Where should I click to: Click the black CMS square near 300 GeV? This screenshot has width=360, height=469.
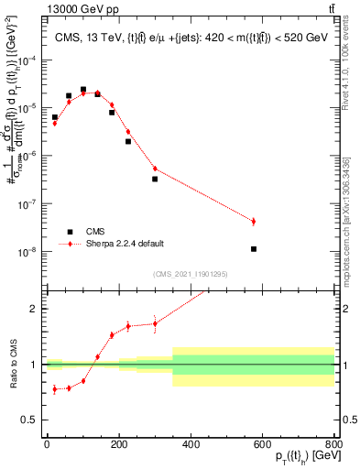(155, 179)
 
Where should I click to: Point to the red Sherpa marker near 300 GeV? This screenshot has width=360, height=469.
(155, 169)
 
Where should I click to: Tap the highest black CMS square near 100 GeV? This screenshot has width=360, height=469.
(83, 90)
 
